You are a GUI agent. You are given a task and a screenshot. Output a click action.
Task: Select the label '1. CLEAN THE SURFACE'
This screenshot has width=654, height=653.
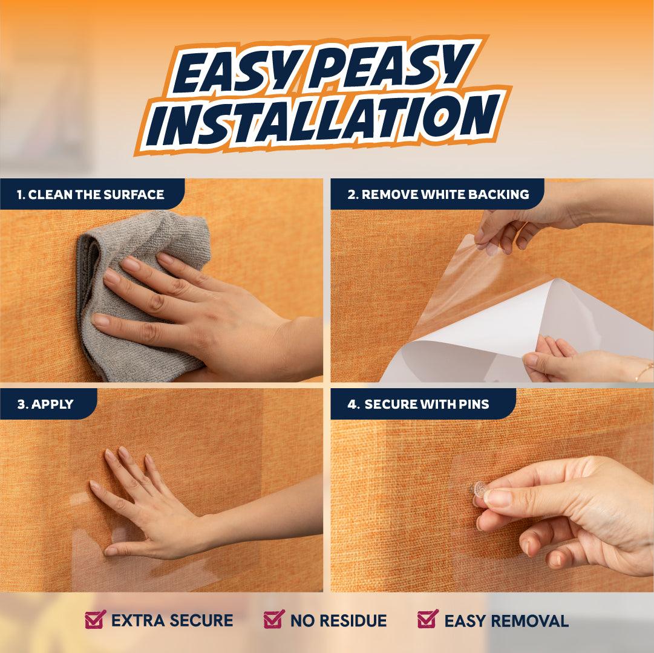90,195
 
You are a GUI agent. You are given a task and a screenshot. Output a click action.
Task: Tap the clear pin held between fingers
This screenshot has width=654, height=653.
479,489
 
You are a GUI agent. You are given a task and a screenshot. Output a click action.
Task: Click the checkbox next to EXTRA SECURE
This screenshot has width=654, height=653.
94,619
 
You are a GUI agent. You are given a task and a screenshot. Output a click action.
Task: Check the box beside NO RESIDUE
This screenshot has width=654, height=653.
273,619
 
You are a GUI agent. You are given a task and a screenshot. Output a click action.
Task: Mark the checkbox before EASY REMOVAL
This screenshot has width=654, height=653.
428,619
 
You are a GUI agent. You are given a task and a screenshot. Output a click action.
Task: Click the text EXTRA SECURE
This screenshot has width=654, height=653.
172,621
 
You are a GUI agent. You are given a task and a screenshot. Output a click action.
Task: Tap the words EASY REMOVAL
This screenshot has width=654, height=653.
506,621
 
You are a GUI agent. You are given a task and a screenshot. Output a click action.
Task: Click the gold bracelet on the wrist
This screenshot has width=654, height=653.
643,372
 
